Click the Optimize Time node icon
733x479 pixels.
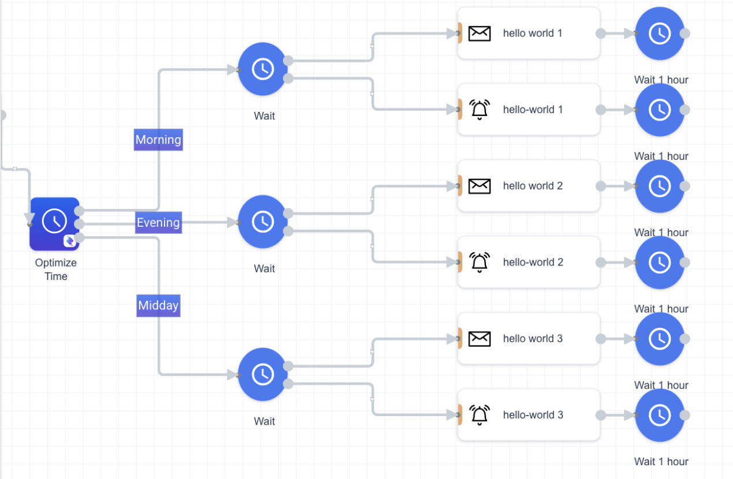[x=54, y=224]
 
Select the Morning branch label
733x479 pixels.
[x=158, y=140]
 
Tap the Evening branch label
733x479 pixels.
[x=158, y=223]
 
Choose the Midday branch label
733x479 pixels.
[x=158, y=306]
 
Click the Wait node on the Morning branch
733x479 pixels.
[x=263, y=69]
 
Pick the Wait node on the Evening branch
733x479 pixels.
[x=263, y=222]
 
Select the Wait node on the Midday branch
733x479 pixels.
[x=263, y=375]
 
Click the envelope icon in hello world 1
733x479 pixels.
[x=480, y=33]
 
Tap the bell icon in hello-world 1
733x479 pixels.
[x=480, y=110]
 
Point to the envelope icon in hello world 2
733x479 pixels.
[x=480, y=186]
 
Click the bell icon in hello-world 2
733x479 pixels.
[x=480, y=263]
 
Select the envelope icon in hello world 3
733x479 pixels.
[x=480, y=339]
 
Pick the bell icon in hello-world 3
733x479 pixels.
[x=480, y=415]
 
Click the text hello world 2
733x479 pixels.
[x=533, y=186]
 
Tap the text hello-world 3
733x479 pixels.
[x=533, y=415]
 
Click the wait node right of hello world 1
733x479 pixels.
[x=660, y=33]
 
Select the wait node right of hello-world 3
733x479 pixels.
[x=660, y=415]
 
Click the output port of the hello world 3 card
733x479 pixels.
[x=601, y=339]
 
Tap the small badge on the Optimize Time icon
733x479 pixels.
[x=70, y=241]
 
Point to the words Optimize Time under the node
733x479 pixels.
[x=56, y=270]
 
